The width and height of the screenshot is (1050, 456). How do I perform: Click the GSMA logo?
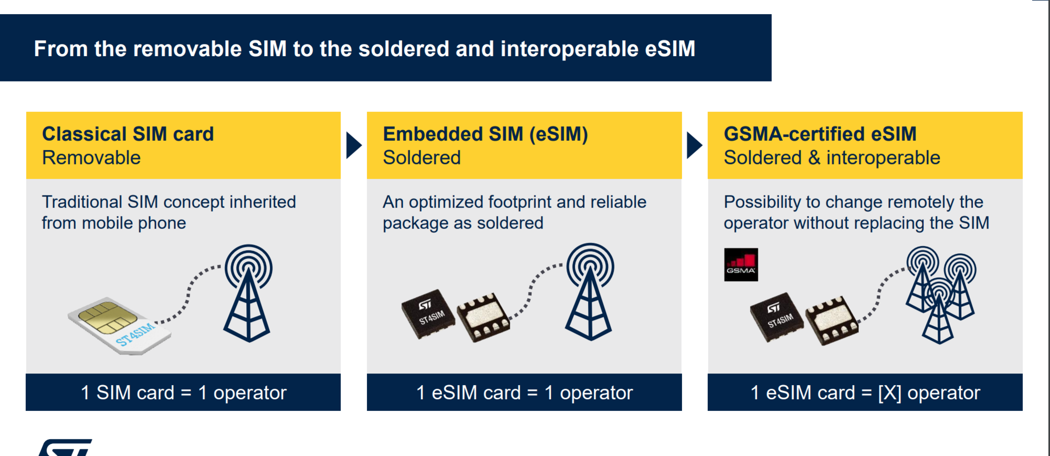point(741,265)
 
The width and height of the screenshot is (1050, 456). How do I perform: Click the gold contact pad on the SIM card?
point(107,317)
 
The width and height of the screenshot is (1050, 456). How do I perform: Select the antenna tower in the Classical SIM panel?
point(248,294)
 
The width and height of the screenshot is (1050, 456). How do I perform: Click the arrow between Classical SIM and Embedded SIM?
point(353,146)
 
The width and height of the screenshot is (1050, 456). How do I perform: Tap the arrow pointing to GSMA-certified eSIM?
point(694,146)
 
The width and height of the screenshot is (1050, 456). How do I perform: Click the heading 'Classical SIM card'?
point(128,134)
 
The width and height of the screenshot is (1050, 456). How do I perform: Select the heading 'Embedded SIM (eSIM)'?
point(485,134)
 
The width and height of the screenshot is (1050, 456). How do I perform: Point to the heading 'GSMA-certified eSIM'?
point(820,134)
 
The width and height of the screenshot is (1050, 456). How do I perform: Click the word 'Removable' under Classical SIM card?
point(91,158)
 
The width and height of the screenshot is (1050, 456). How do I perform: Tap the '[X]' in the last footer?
point(889,393)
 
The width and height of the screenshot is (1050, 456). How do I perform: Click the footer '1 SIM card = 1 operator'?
point(183,393)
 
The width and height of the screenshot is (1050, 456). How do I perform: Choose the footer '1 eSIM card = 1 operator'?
point(524,393)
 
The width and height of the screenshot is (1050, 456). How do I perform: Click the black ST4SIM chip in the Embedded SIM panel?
point(428,314)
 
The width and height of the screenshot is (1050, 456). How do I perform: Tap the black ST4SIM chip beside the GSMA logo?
point(776,317)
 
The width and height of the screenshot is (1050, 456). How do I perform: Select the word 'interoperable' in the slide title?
point(569,49)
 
